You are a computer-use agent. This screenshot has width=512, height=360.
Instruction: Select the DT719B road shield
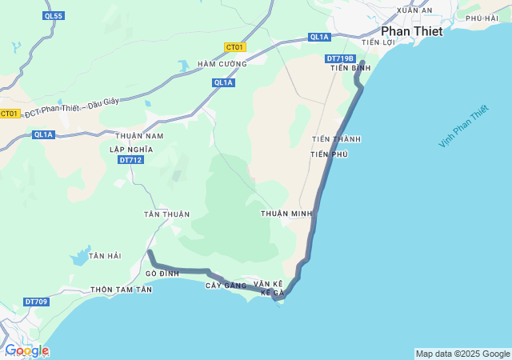340,58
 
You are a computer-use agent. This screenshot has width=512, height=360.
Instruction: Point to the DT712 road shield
130,160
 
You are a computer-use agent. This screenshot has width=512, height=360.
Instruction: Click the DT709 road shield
36,302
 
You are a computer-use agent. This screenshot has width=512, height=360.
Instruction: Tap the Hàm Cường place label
222,63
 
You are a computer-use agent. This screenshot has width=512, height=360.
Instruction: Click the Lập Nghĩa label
130,150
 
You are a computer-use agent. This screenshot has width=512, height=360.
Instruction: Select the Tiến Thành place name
336,139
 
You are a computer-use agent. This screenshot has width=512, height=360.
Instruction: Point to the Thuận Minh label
286,214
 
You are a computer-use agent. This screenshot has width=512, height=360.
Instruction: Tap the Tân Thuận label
166,214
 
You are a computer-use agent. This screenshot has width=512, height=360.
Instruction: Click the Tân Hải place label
105,255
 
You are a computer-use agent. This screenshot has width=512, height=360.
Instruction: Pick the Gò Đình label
162,274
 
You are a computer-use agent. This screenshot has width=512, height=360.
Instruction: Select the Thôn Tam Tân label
122,290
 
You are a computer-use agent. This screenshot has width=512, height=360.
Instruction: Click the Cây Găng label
223,286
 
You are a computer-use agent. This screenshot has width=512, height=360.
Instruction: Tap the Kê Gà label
272,293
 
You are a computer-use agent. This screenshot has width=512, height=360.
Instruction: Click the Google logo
26,350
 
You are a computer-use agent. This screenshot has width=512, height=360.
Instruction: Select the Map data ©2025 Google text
462,354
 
